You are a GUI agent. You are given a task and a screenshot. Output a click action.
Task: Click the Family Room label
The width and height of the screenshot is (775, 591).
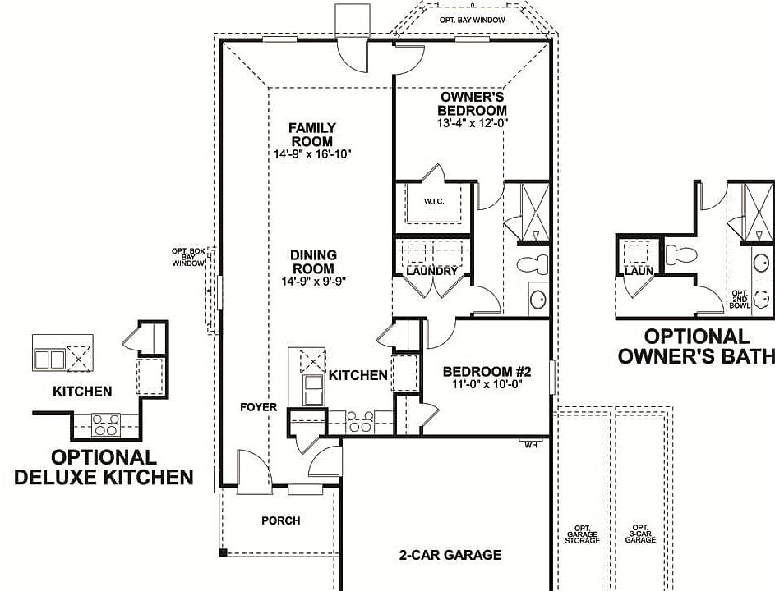point(311,135)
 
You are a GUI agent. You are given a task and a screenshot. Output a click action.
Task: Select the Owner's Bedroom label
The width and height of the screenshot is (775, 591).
point(472,104)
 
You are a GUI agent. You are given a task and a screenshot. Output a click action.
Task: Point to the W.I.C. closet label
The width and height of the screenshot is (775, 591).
point(434,201)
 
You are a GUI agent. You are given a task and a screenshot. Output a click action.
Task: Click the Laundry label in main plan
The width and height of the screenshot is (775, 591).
point(431,271)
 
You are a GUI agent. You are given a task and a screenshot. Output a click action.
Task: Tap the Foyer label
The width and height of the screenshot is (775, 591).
point(258,407)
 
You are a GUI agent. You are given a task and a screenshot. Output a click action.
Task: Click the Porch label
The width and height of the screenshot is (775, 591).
point(281,520)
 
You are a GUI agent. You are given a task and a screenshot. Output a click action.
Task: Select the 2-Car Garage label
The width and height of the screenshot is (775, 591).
point(450,555)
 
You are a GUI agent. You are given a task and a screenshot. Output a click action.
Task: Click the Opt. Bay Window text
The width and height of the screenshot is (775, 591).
point(472,20)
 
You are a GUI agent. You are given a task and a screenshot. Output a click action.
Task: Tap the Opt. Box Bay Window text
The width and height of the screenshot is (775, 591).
point(187,256)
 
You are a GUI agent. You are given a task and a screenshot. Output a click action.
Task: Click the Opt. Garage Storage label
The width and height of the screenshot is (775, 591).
point(583,534)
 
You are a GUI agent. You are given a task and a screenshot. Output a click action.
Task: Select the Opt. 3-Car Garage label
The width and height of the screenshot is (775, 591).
point(640,534)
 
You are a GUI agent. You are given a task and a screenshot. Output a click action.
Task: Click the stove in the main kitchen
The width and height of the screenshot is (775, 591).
point(359,422)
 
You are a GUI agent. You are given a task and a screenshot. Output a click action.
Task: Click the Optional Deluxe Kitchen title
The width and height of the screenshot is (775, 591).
point(104,466)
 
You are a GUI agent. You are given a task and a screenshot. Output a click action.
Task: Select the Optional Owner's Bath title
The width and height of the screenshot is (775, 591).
point(697,346)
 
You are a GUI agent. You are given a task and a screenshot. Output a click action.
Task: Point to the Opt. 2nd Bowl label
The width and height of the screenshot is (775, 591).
point(740,299)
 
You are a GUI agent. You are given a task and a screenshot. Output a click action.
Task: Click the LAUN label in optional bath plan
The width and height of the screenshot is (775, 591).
point(638,270)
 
